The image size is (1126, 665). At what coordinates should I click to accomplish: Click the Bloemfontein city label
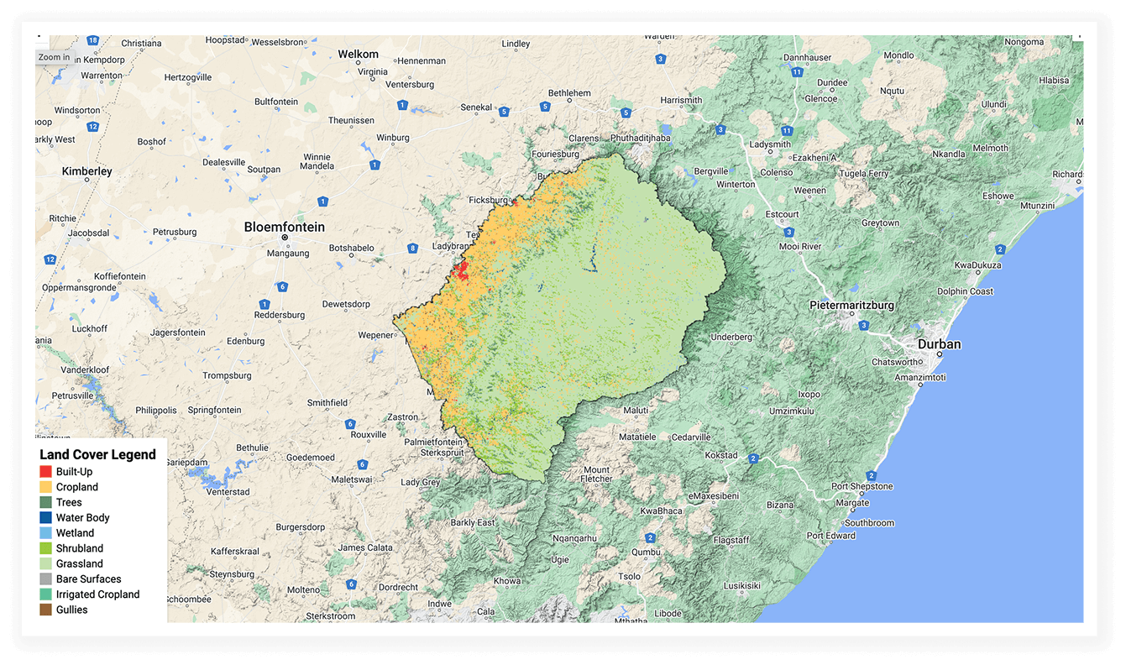tap(284, 227)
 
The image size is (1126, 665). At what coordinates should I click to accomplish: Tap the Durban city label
tap(939, 344)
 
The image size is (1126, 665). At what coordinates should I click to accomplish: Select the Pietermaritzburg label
tap(851, 305)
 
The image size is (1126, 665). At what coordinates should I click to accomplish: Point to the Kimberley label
tap(86, 171)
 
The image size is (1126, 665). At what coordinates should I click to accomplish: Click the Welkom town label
tap(358, 55)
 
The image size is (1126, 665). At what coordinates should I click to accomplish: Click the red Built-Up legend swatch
tap(46, 472)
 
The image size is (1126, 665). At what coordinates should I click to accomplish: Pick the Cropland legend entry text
tap(77, 487)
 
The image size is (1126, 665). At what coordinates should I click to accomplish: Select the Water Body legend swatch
tap(46, 518)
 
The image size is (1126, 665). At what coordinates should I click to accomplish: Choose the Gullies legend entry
tap(72, 610)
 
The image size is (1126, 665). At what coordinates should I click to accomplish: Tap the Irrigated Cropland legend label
tap(97, 594)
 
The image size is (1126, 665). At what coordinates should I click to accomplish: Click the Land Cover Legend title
tap(97, 454)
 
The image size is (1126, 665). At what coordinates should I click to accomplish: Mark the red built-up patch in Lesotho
tap(459, 270)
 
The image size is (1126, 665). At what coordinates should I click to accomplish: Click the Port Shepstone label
tap(862, 487)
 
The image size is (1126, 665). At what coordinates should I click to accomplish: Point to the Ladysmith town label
tap(770, 144)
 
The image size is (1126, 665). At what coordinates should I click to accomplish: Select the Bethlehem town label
tap(569, 93)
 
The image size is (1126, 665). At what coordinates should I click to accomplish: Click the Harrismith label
tap(681, 100)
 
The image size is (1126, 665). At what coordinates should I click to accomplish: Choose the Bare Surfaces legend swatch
tap(46, 579)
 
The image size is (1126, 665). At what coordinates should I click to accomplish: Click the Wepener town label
tap(375, 335)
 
